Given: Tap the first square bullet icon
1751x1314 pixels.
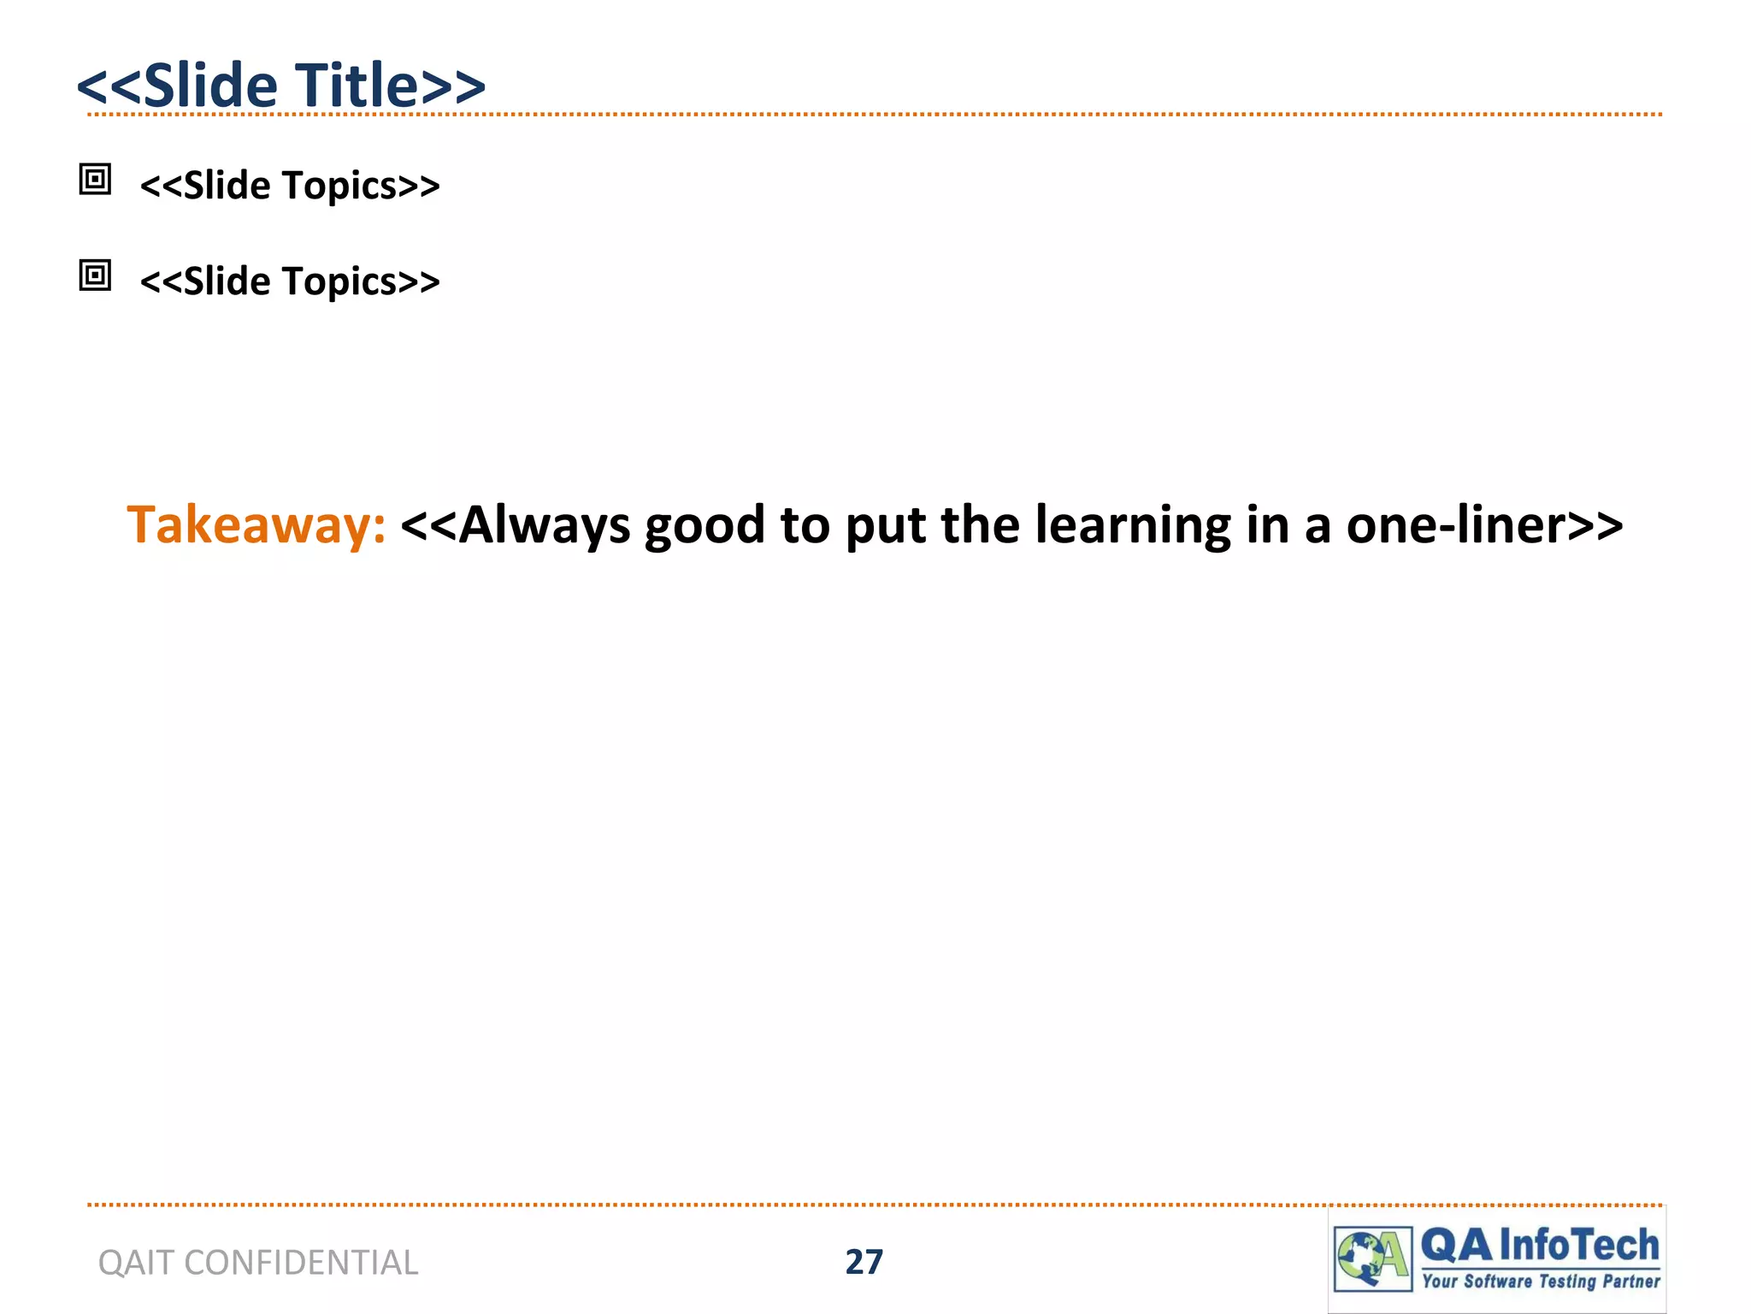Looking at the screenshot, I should click(x=95, y=180).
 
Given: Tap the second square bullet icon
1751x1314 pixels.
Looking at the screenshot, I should click(x=95, y=275).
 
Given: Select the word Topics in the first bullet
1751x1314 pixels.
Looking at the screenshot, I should click(x=339, y=186).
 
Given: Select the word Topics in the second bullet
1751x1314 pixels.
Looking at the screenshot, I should click(x=339, y=281).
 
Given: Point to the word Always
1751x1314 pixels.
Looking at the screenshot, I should click(x=544, y=524).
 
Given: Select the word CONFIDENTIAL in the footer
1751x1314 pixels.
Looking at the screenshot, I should click(x=301, y=1263).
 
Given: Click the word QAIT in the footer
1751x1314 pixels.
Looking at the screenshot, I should click(x=137, y=1263).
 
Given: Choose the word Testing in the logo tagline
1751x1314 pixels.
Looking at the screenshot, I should click(x=1568, y=1281).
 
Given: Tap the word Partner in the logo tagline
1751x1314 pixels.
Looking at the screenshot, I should click(x=1631, y=1281).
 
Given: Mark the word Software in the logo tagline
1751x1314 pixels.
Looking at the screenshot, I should click(x=1498, y=1281).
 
